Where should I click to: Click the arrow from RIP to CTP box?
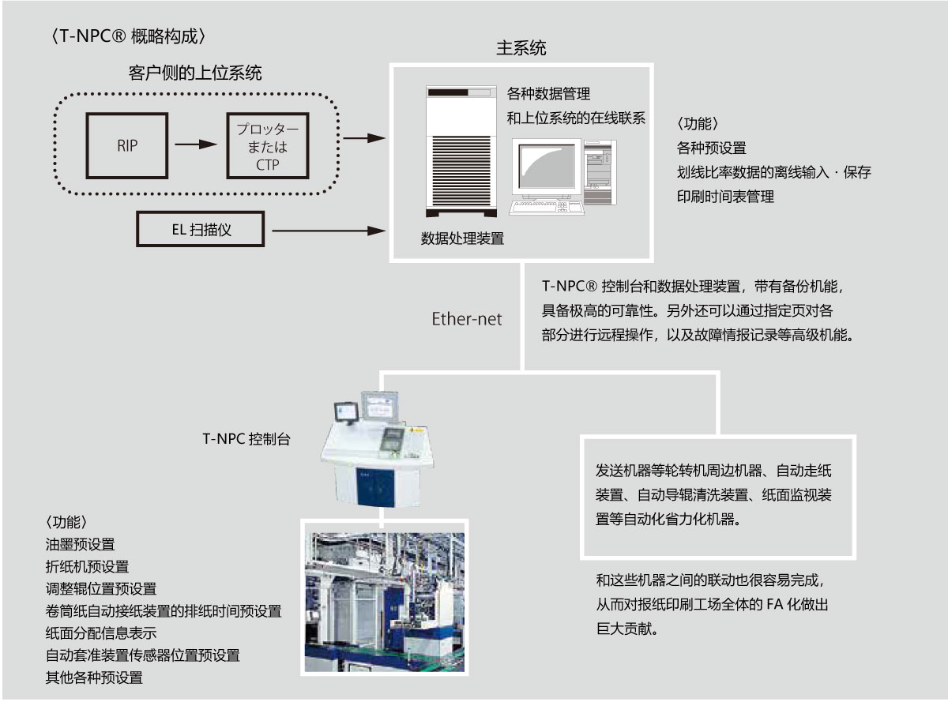195,145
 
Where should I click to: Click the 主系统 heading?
521,49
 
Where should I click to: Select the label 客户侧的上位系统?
195,73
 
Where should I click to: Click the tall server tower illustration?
461,149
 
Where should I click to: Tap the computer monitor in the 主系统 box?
544,168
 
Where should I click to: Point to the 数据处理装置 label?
462,238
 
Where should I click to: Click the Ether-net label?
467,320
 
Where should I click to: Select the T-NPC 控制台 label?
246,439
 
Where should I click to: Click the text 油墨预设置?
80,544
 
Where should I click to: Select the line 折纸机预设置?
87,566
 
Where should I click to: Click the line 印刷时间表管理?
725,197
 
